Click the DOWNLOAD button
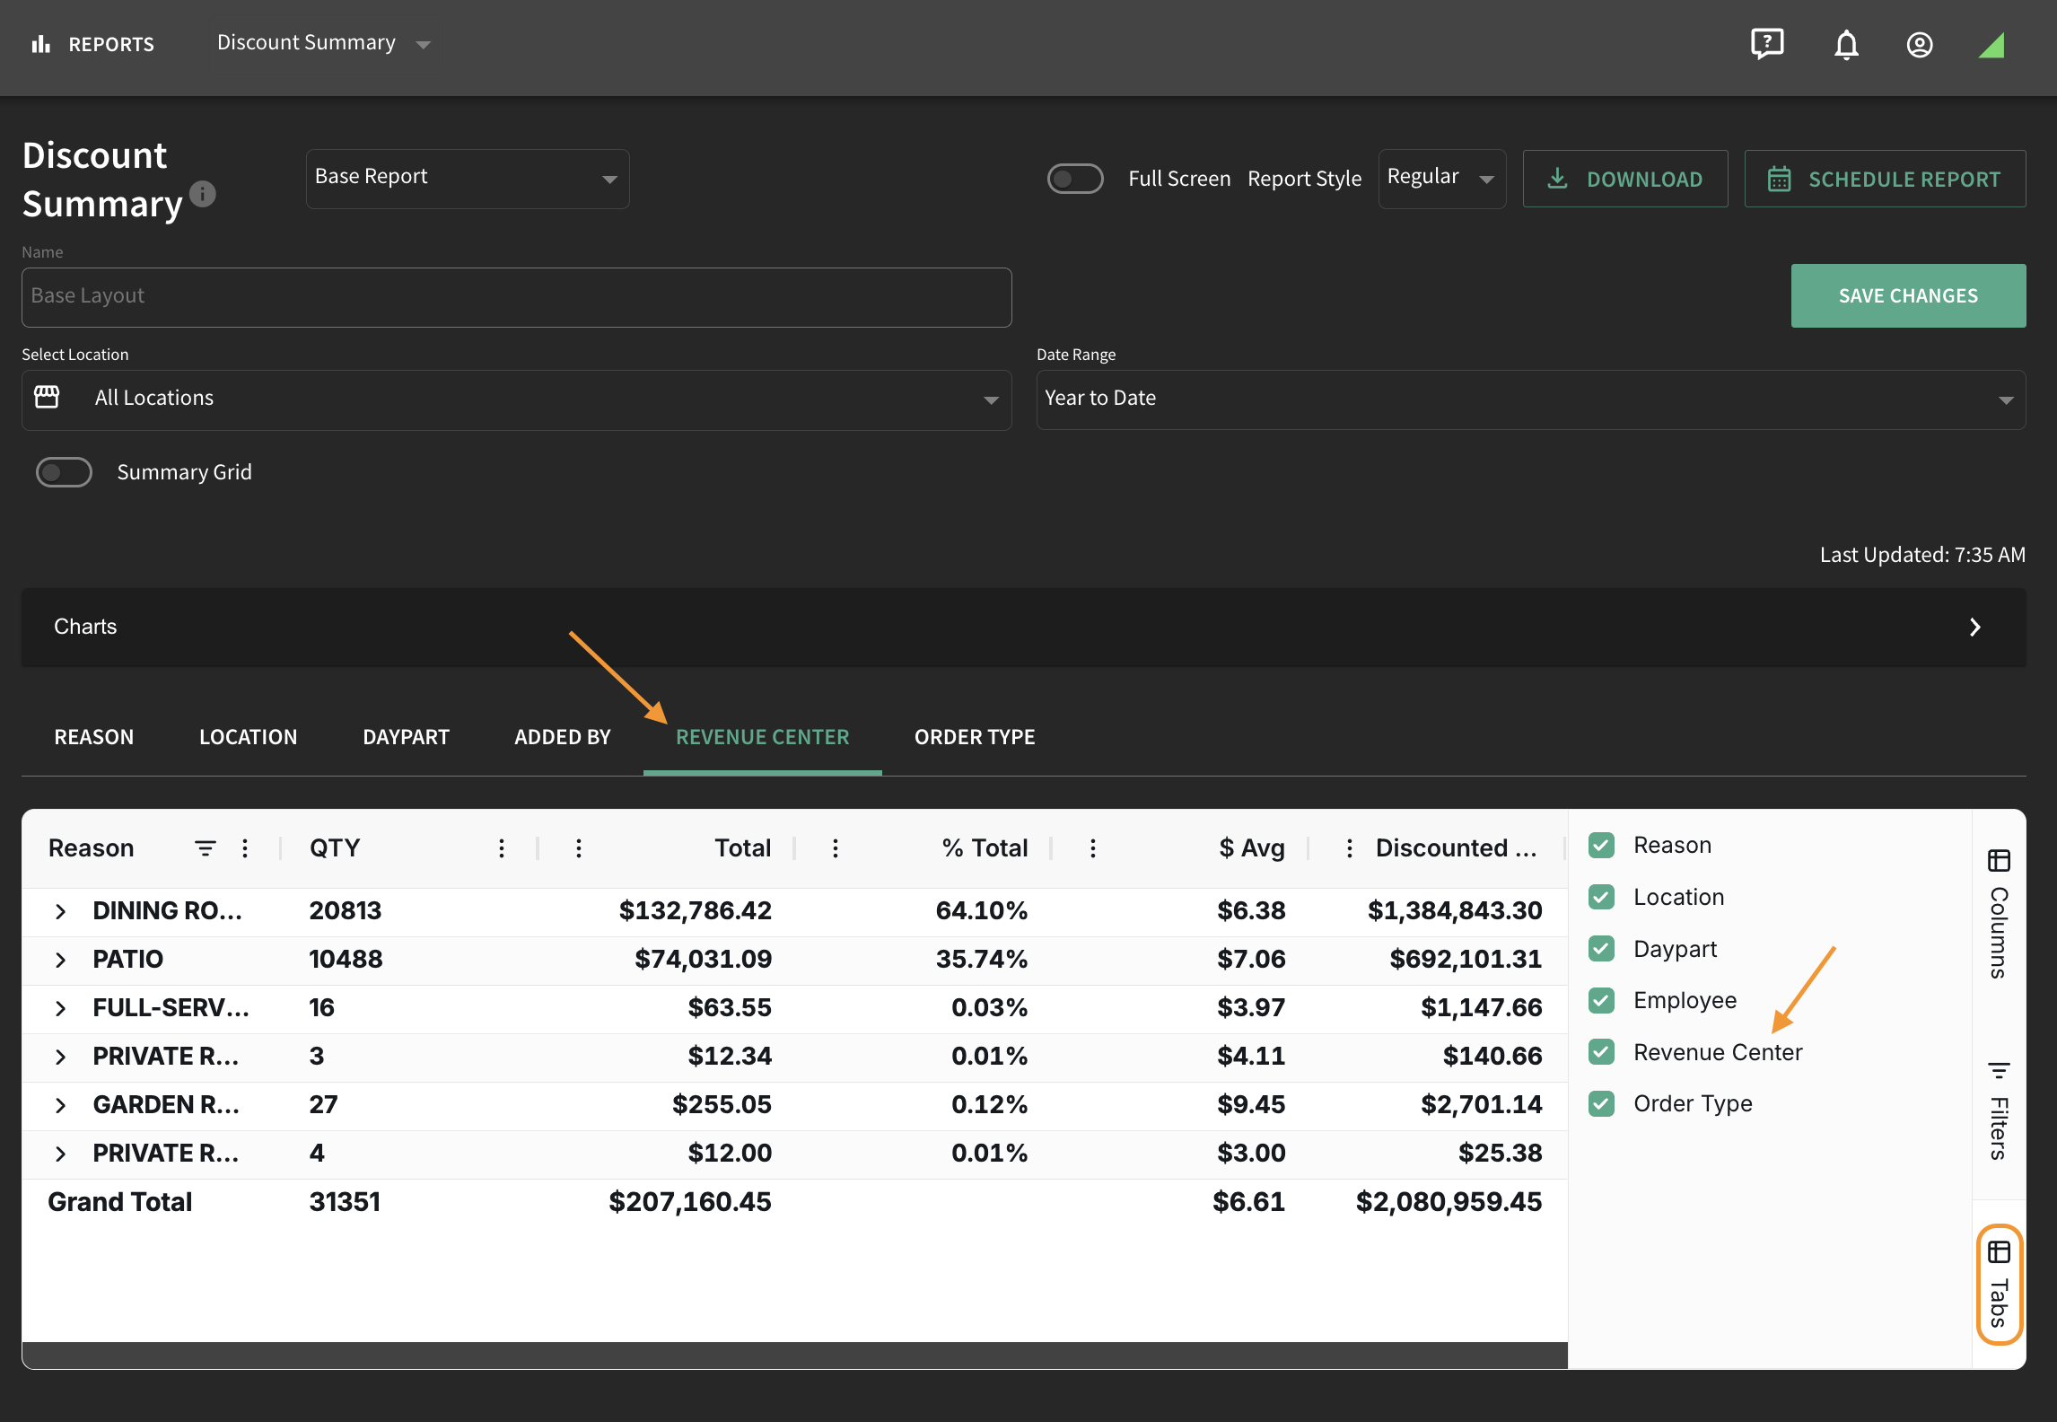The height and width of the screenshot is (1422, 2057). [1624, 179]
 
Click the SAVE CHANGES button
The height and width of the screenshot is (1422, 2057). [1908, 295]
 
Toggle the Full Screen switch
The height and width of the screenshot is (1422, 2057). [1075, 179]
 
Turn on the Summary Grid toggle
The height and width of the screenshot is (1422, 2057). [64, 472]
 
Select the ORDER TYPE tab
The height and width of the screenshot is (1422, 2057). [975, 737]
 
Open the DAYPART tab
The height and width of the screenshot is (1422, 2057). [406, 737]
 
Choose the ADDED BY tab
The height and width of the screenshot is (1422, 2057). [563, 737]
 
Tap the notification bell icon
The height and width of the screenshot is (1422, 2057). [1846, 44]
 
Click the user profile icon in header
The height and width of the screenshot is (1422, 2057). [1920, 45]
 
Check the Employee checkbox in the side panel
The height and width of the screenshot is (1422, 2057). [1601, 1000]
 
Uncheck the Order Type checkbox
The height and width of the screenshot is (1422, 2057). [1601, 1103]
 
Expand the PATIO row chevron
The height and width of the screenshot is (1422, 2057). [60, 960]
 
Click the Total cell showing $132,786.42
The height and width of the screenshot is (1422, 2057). [695, 910]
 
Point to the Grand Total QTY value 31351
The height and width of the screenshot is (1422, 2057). [345, 1202]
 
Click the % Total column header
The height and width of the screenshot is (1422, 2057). [985, 848]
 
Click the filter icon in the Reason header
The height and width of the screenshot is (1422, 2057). [206, 848]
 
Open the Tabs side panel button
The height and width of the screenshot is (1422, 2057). [1999, 1284]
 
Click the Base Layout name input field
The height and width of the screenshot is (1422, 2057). [516, 297]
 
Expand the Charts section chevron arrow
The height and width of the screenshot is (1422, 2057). [1974, 628]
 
